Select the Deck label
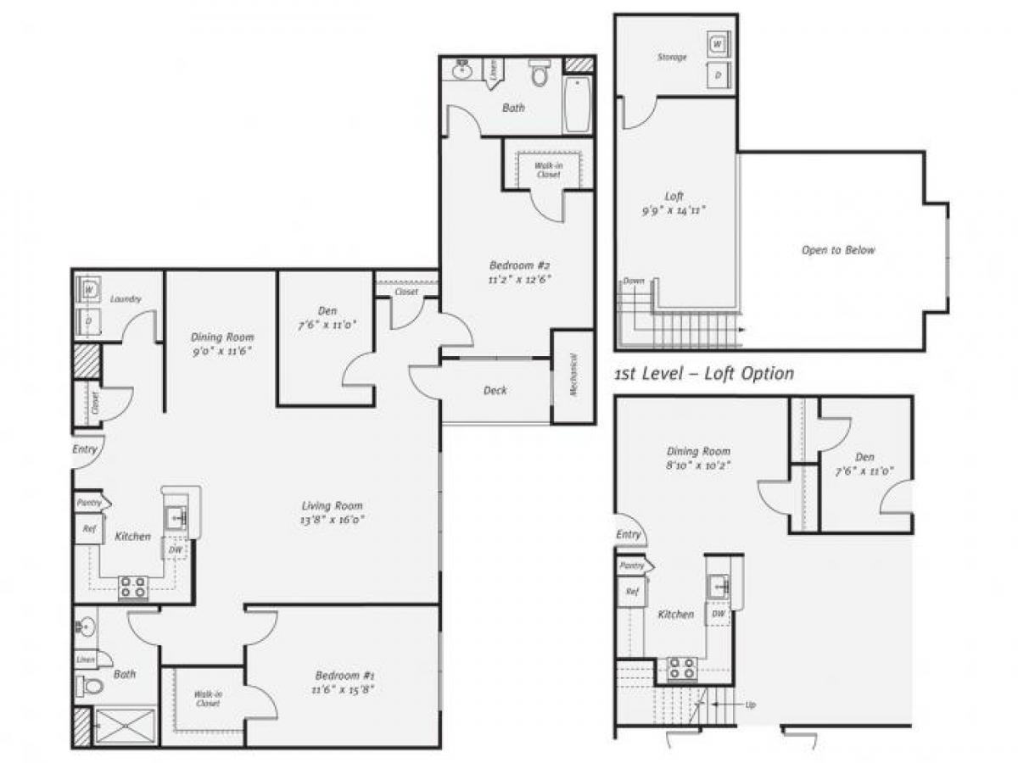[495, 390]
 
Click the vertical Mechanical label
[573, 377]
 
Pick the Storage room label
[671, 58]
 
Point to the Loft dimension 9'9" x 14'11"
[674, 210]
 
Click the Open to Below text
[837, 250]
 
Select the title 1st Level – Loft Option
[704, 374]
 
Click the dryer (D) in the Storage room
[718, 75]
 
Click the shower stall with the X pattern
[125, 727]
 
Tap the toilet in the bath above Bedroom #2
[540, 75]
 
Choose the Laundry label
[125, 299]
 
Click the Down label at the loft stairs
[634, 281]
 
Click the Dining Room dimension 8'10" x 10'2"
[698, 465]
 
